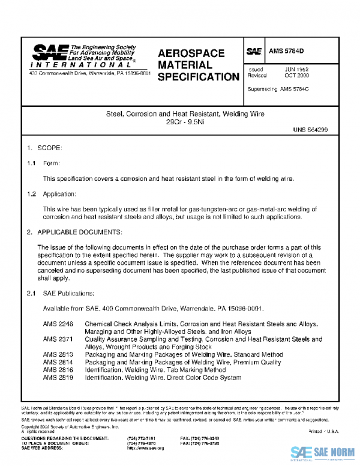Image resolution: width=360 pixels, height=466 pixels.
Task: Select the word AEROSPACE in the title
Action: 191,53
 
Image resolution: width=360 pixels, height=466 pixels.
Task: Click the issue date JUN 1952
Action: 296,70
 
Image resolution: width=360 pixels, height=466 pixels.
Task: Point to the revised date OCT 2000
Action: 296,76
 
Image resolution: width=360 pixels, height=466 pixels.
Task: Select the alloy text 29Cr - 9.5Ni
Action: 179,122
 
